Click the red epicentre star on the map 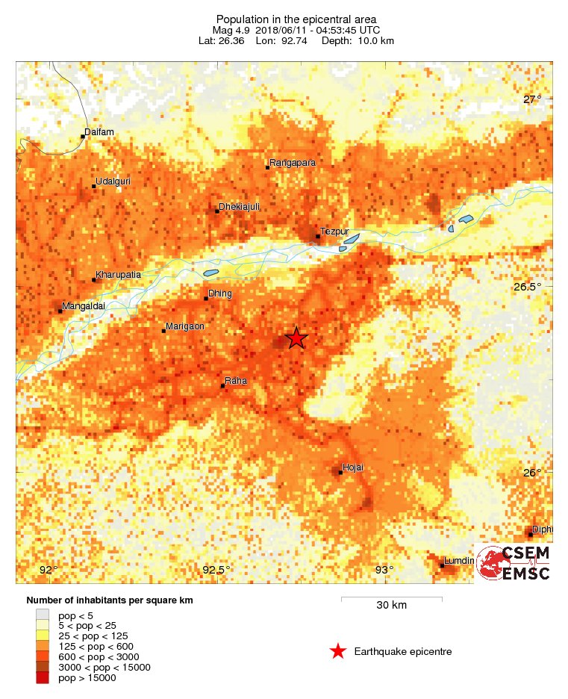pos(296,338)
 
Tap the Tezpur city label pos(334,232)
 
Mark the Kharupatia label pos(119,276)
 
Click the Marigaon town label pos(184,326)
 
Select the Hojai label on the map pos(352,468)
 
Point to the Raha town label pos(235,382)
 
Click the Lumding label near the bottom pos(458,561)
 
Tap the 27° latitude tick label pos(531,99)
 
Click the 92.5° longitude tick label pos(216,571)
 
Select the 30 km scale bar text pos(391,605)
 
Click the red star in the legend pos(338,652)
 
